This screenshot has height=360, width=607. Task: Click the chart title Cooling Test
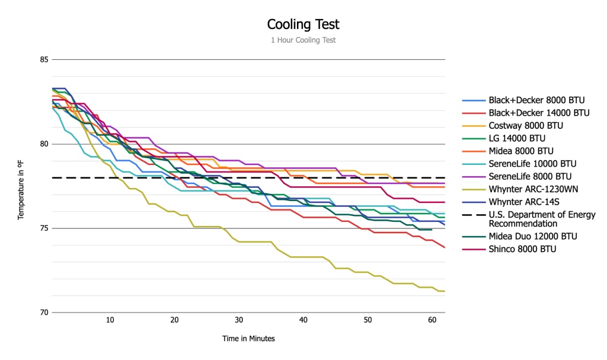pos(303,24)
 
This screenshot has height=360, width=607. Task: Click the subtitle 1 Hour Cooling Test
pos(303,40)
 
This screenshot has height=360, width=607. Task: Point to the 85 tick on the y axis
pos(43,59)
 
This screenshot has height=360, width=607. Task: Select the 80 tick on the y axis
pos(43,144)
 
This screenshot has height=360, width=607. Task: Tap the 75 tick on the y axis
pos(43,228)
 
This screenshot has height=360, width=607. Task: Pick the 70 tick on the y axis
pos(43,313)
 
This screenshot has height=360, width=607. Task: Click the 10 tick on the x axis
pos(110,320)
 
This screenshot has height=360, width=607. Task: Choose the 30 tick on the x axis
pos(239,320)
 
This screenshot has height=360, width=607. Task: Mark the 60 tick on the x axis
pos(432,320)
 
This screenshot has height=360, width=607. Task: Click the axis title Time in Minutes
pos(248,339)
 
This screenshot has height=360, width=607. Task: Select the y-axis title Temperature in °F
pos(21,186)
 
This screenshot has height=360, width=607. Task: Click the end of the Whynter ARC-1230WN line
pos(445,291)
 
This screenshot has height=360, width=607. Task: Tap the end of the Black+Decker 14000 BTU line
pos(445,247)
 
